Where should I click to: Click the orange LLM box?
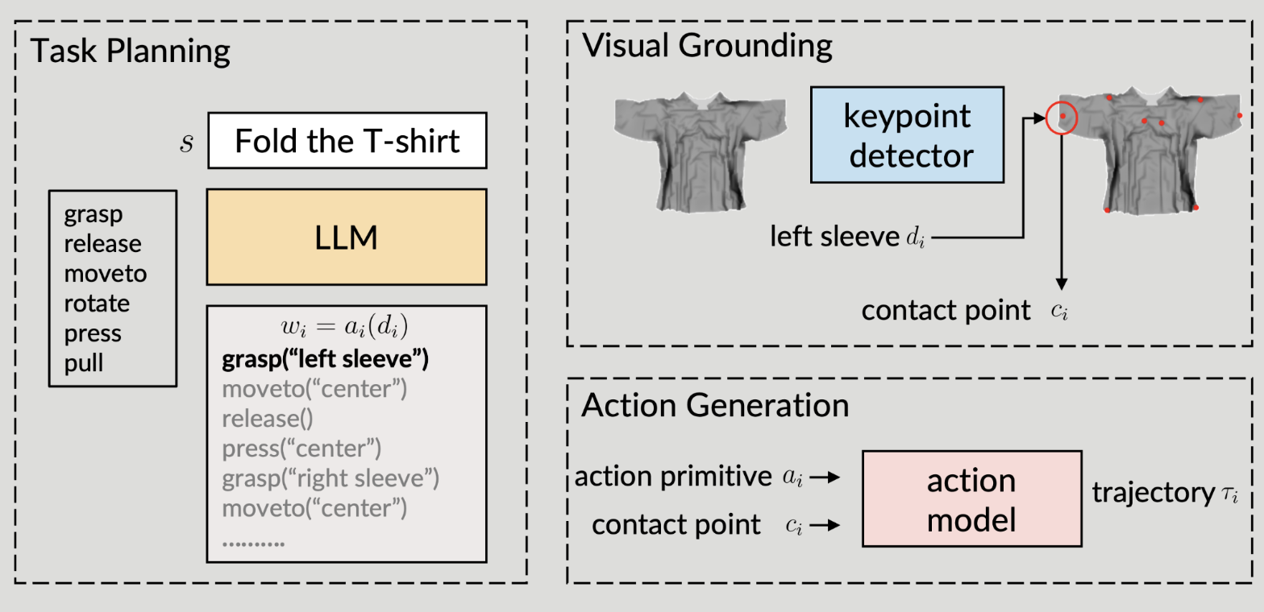coord(347,237)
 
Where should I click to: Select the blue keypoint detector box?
coord(907,134)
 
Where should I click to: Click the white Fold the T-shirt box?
coord(347,142)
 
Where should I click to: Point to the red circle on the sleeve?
coord(1062,118)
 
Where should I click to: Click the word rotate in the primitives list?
coord(97,304)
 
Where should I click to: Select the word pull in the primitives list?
coord(84,362)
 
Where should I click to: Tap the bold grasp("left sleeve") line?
coord(324,359)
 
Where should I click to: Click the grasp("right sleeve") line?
coord(330,478)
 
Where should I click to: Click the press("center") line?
coord(301,449)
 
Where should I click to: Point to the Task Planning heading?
coord(131,52)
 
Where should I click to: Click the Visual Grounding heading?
coord(707,46)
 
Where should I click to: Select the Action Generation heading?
coord(715,404)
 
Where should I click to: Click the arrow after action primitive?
coord(825,478)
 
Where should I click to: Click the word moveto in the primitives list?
coord(106,274)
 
